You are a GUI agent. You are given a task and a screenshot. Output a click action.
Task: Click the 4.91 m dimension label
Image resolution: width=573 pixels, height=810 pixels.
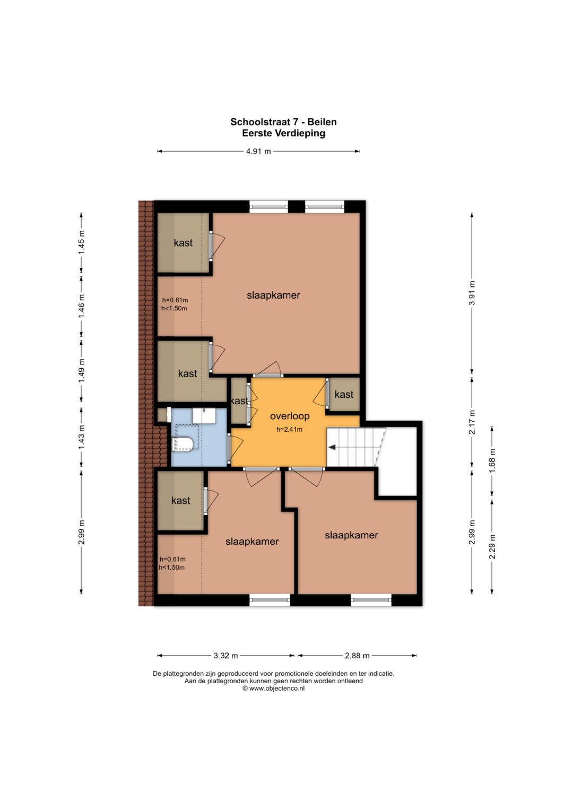(258, 152)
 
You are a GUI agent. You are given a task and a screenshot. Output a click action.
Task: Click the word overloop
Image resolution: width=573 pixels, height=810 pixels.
(290, 416)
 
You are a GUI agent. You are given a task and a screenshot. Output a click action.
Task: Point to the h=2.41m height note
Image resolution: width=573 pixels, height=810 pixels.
(289, 430)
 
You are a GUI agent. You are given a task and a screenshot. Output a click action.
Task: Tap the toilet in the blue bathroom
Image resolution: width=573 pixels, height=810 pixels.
(184, 444)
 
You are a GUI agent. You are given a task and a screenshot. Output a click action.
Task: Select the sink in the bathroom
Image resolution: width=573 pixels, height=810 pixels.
(204, 415)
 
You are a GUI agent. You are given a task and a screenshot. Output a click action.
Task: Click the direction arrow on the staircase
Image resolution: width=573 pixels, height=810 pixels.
(332, 448)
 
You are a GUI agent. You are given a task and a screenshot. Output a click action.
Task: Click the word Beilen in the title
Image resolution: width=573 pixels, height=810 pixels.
(322, 122)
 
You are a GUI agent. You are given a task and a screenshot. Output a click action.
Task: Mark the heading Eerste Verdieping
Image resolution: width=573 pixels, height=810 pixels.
(284, 133)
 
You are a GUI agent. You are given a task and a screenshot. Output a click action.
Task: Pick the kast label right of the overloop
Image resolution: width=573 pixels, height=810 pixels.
(344, 394)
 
